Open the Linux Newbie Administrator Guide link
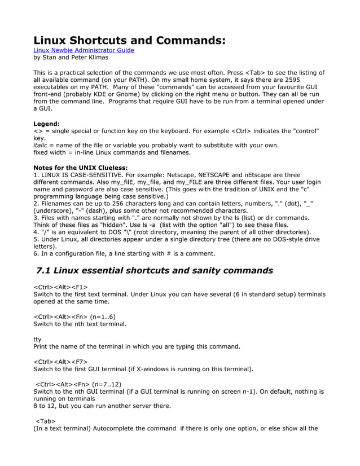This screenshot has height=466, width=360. click(x=84, y=50)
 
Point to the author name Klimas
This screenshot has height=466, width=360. click(x=98, y=57)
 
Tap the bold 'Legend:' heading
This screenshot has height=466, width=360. click(x=47, y=124)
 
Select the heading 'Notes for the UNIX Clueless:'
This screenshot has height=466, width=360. click(x=80, y=168)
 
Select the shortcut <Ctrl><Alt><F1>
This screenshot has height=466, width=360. click(x=60, y=287)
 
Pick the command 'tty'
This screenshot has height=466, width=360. click(x=37, y=340)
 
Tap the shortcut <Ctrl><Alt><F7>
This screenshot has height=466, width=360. click(x=60, y=362)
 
